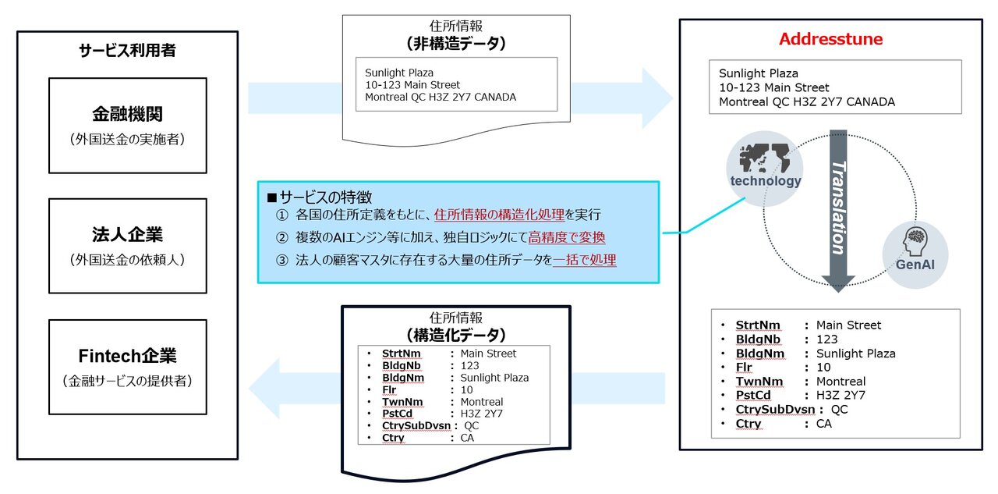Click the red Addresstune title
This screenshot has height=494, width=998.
tap(830, 39)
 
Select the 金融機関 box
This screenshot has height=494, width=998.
tap(127, 125)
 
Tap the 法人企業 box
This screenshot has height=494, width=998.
tap(127, 246)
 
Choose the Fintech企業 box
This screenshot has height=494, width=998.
tap(127, 367)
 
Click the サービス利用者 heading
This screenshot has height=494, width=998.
tap(127, 52)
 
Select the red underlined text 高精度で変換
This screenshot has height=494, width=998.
tap(567, 237)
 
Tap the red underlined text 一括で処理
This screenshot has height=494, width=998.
tap(585, 261)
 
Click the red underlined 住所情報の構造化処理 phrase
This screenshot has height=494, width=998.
tap(500, 215)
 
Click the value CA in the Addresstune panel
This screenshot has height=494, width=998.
tap(824, 424)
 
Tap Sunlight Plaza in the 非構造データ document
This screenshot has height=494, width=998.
tap(399, 73)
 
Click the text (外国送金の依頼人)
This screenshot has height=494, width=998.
tap(127, 260)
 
